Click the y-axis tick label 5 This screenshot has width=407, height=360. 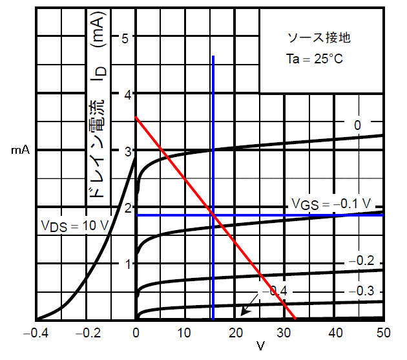[127, 37]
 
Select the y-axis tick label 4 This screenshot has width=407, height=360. [127, 94]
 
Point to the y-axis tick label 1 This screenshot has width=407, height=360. [127, 264]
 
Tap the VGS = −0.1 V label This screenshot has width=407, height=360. [330, 203]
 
